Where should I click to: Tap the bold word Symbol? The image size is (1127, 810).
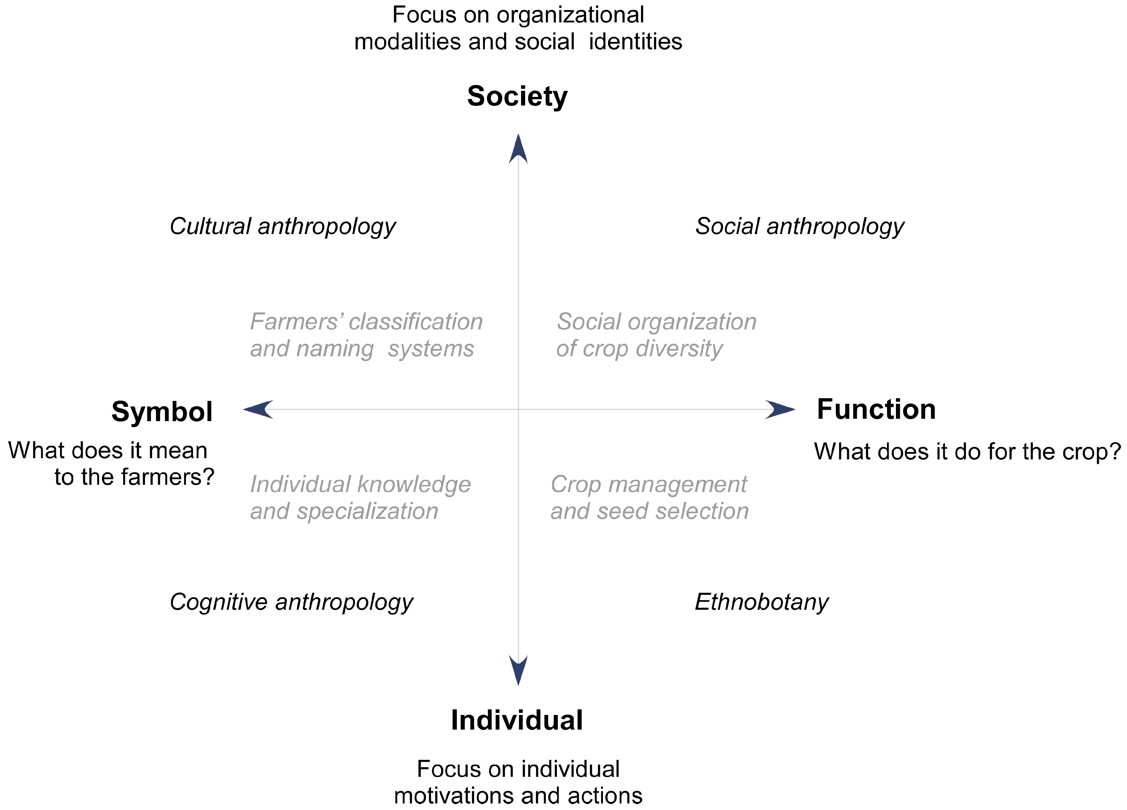[162, 412]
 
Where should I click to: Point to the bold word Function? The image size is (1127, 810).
[876, 409]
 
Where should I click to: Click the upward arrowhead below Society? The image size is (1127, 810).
[518, 149]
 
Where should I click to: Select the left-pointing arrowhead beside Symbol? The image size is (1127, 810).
[258, 409]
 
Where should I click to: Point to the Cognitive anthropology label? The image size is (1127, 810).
[291, 602]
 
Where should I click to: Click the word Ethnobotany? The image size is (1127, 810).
[761, 602]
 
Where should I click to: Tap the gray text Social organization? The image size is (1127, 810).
[656, 322]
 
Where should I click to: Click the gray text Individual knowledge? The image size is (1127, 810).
[360, 484]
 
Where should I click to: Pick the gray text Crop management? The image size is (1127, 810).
[648, 484]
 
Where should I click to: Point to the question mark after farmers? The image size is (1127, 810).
[209, 477]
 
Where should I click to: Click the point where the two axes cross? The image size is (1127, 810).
[518, 409]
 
